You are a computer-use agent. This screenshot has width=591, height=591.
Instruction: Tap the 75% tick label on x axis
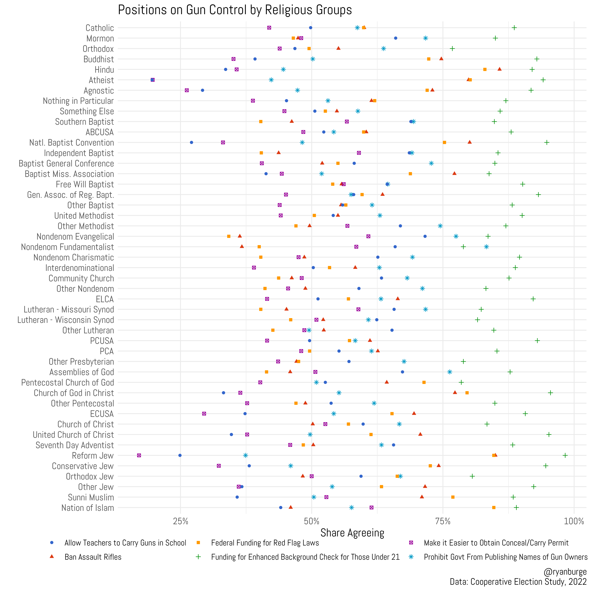click(x=443, y=521)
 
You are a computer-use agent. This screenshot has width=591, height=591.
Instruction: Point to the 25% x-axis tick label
click(x=180, y=521)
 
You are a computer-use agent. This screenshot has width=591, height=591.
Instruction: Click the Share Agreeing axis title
click(x=352, y=533)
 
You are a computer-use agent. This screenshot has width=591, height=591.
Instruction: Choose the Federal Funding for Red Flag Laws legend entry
click(x=265, y=543)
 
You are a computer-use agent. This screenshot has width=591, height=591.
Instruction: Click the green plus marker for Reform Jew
click(x=565, y=455)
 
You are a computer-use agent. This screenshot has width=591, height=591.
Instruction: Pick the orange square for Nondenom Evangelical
click(x=229, y=236)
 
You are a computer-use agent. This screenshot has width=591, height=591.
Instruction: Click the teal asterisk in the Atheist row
click(x=271, y=80)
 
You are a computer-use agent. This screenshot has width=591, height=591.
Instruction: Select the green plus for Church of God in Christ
click(x=550, y=393)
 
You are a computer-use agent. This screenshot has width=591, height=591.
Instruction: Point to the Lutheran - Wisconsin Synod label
click(x=65, y=320)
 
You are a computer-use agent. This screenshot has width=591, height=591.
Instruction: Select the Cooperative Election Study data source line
click(x=518, y=582)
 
